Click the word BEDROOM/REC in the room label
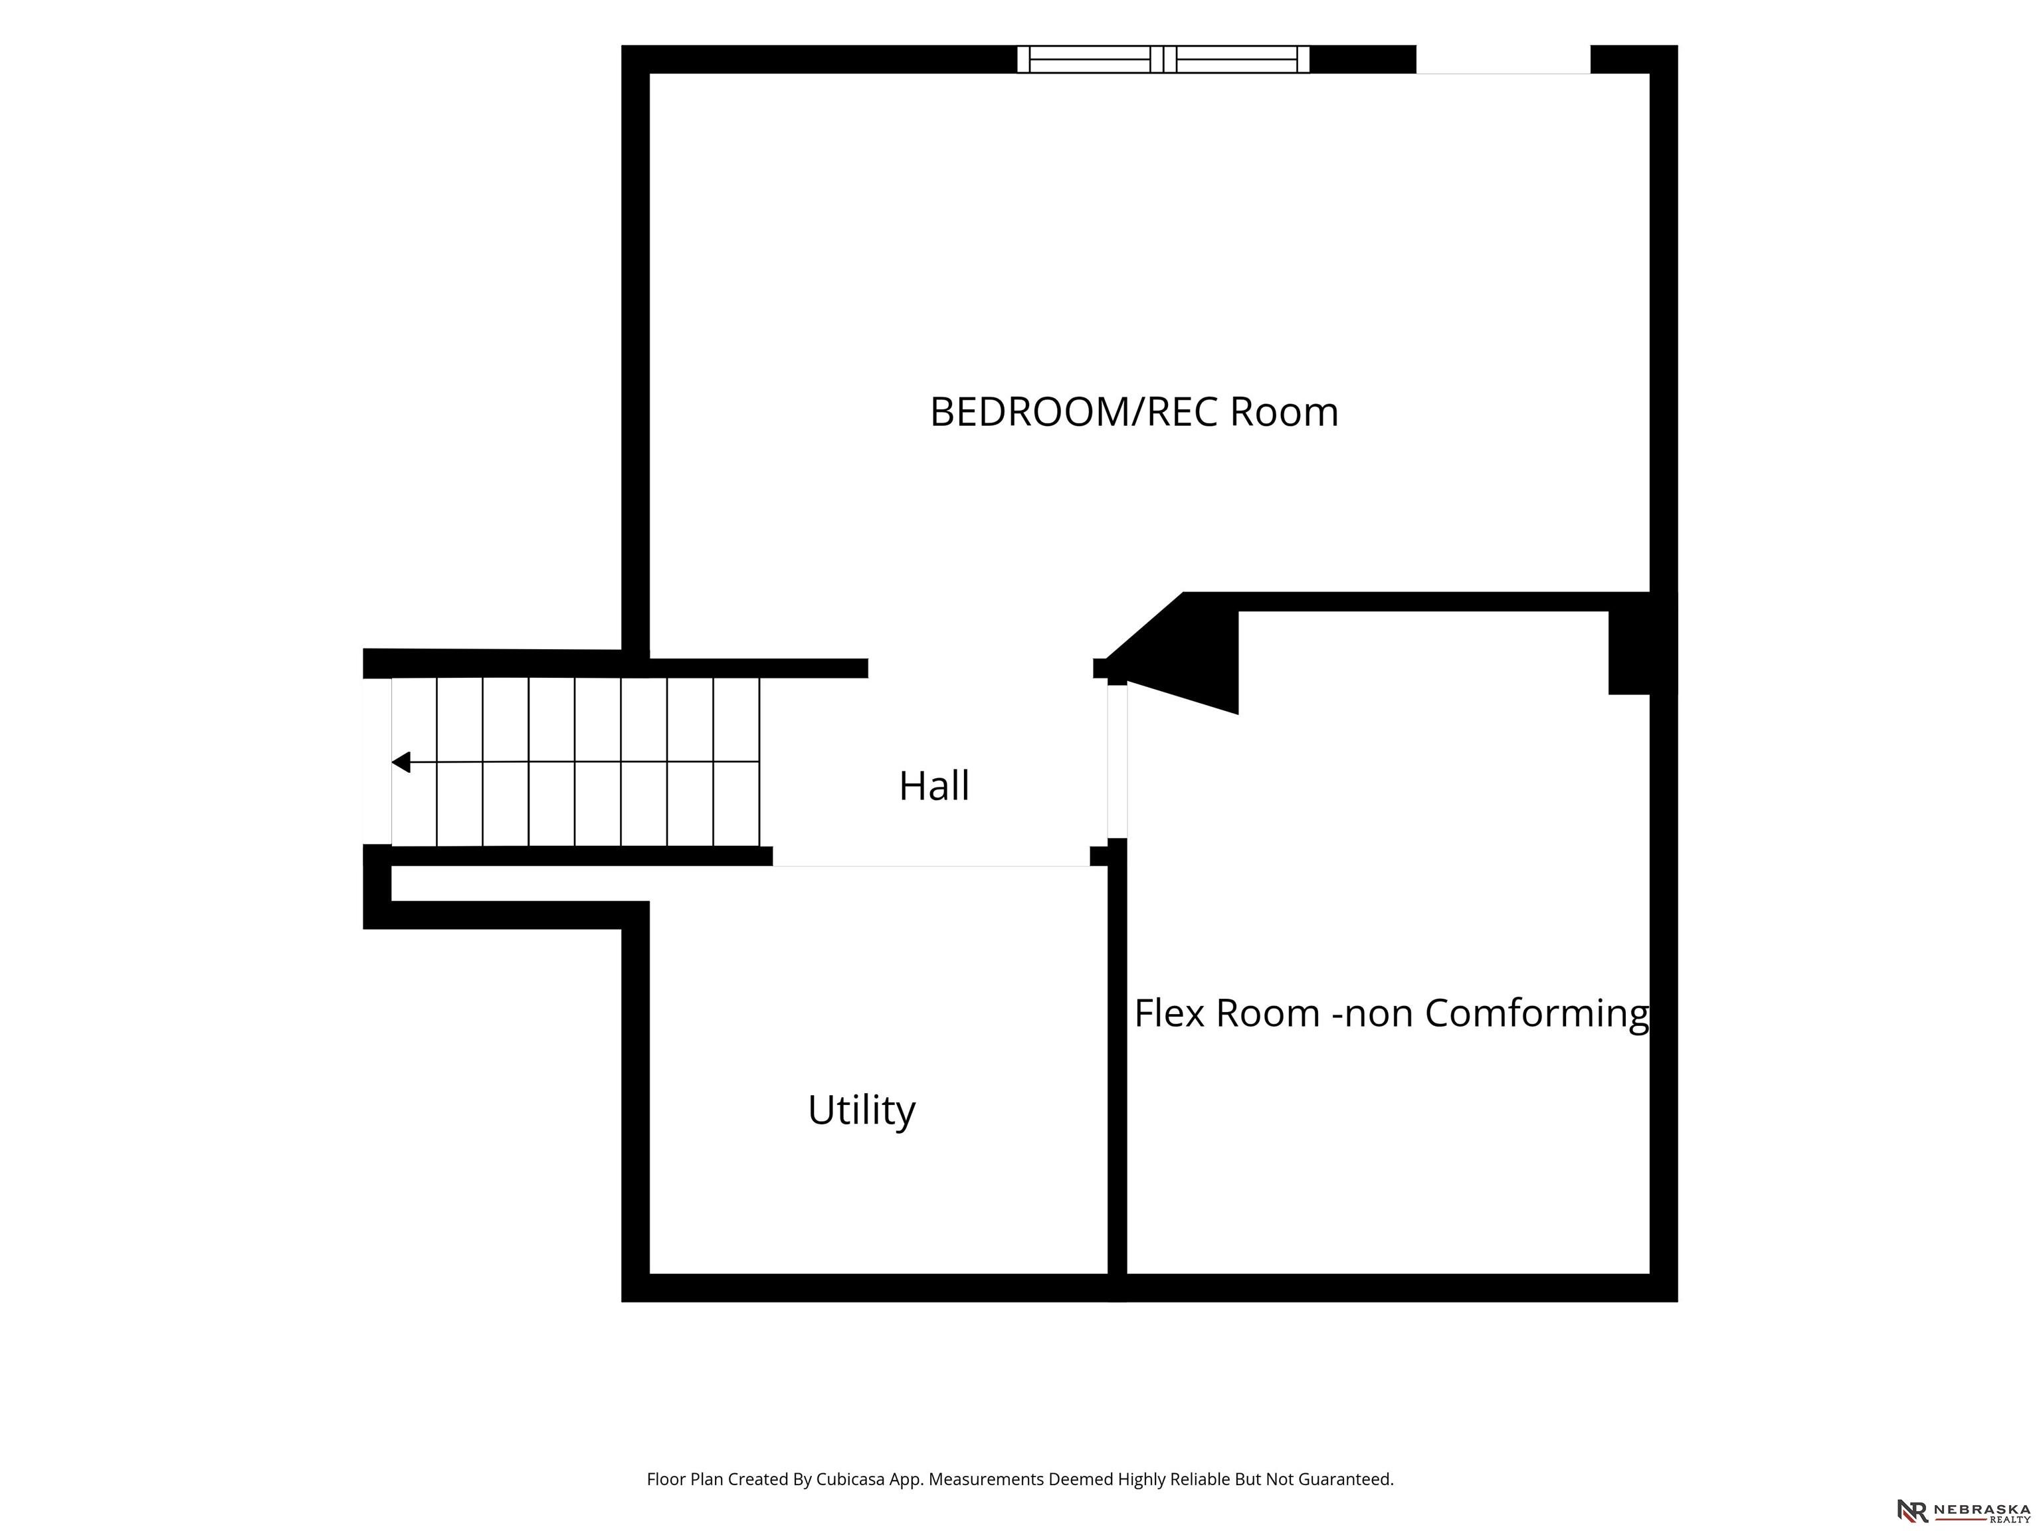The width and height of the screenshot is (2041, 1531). coord(1074,411)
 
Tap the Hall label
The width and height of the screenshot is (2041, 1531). coord(933,786)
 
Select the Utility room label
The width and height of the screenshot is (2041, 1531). coord(862,1110)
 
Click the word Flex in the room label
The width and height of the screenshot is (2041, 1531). coord(1170,1013)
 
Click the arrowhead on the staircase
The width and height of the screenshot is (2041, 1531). coord(401,762)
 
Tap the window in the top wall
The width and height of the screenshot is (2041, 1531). coord(1163,59)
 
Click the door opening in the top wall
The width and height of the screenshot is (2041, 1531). coord(1503,60)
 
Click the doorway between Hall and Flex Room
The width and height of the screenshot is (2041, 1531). coord(1118,762)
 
